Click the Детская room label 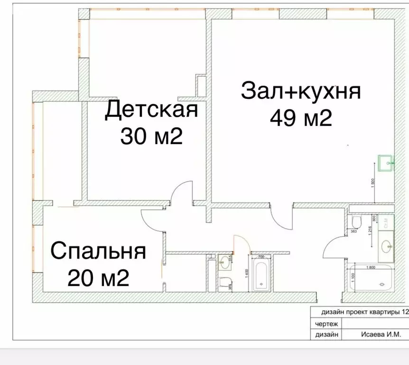[151, 110]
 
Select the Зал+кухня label [301, 91]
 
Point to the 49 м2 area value [301, 118]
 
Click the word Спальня [98, 251]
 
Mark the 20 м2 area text [98, 278]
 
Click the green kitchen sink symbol [386, 163]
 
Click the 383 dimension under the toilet [353, 231]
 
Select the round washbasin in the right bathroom [386, 246]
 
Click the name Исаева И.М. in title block [375, 335]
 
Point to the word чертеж [325, 324]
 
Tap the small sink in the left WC [223, 260]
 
